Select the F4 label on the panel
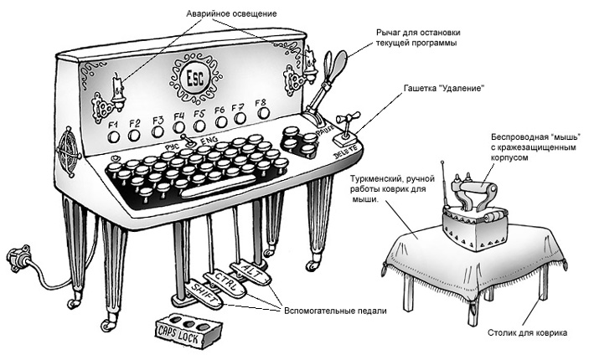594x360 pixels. pos(178,116)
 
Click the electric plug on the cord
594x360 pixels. pos(16,255)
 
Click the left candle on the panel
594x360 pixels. pos(116,83)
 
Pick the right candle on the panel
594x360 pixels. pos(310,61)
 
